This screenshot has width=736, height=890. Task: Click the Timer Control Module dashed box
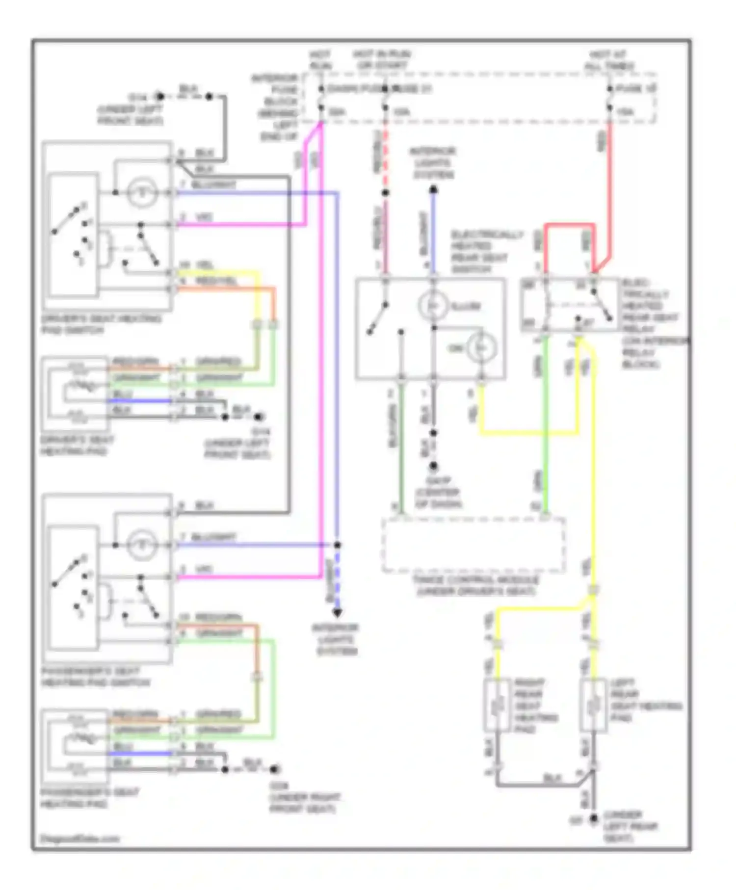[473, 545]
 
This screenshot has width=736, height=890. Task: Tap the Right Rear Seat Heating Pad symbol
[497, 706]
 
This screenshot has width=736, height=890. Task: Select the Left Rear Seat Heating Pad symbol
[593, 706]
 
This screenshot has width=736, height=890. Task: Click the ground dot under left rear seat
[593, 819]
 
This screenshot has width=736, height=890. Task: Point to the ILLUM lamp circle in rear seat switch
[433, 306]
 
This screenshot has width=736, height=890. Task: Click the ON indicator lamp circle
[481, 348]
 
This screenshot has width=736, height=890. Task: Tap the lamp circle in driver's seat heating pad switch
[142, 192]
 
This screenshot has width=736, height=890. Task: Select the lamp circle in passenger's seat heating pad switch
[142, 545]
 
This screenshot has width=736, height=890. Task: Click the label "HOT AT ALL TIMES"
[609, 60]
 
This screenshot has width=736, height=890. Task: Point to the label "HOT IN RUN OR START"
[382, 59]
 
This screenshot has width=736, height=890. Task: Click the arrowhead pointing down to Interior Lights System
[337, 613]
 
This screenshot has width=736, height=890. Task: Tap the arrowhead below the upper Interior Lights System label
[433, 189]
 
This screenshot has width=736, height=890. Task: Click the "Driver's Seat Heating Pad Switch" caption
[101, 324]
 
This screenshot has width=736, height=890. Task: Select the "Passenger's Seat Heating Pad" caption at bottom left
[89, 798]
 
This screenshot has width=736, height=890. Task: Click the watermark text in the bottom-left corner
[79, 838]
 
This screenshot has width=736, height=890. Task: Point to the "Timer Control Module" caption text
[475, 586]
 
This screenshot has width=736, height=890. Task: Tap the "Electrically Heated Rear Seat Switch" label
[486, 252]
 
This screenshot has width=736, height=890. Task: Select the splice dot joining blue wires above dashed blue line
[337, 545]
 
